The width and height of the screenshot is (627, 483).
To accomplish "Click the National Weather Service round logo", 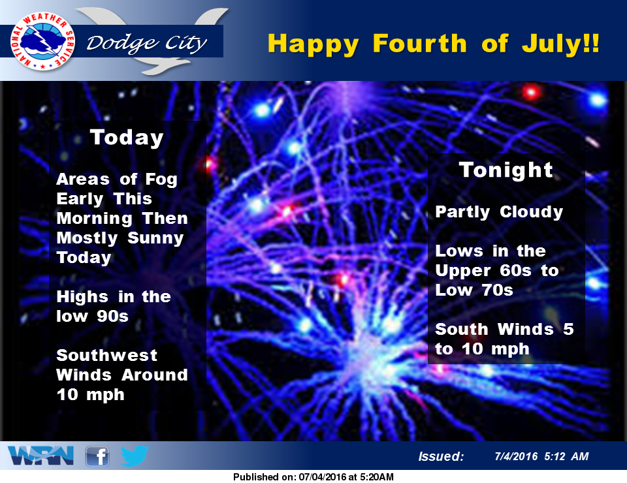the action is tap(43, 41).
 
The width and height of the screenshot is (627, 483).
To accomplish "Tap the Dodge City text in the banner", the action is tap(147, 42).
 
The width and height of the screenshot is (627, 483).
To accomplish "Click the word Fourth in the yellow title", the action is tap(419, 43).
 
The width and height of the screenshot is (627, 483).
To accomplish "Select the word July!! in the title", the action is tap(560, 43).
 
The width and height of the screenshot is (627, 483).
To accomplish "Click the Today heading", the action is tap(127, 138).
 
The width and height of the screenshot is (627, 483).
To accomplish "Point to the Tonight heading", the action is tap(506, 170).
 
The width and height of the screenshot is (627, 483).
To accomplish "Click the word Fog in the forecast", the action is tap(161, 179).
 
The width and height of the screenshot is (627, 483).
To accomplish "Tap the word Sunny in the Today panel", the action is tap(155, 238).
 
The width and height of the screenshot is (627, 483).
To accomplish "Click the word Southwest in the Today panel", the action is tap(106, 355).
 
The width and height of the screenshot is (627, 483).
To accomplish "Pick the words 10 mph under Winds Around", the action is tap(90, 395).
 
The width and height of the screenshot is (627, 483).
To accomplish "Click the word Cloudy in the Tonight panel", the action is tap(531, 212).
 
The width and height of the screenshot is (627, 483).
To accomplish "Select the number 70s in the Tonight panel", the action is tap(497, 290).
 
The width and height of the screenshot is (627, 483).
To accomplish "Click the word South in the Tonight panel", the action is tap(462, 329).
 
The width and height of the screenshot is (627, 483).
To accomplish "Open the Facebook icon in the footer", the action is tap(97, 456).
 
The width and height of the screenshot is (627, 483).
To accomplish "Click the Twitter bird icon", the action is tap(135, 456).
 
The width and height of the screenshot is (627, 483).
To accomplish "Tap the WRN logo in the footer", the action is tap(40, 456).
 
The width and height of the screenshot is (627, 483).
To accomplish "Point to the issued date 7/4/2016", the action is tap(516, 456).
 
